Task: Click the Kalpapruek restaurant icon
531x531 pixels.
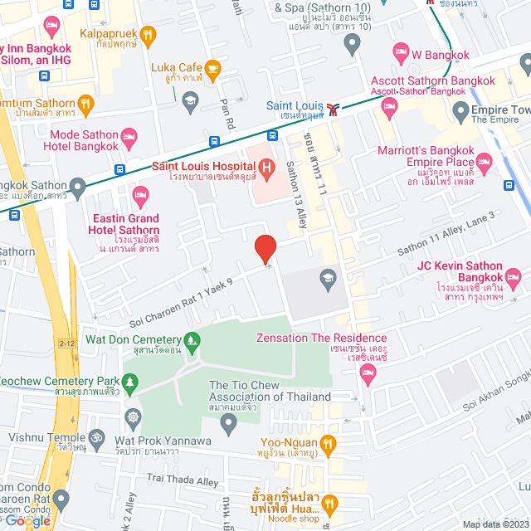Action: pyautogui.click(x=149, y=34)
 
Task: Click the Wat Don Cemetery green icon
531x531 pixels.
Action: pyautogui.click(x=192, y=339)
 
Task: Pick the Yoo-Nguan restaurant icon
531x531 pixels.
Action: pyautogui.click(x=329, y=444)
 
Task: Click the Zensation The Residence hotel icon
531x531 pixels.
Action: pyautogui.click(x=368, y=373)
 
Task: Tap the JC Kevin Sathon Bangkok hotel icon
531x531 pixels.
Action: pyautogui.click(x=514, y=276)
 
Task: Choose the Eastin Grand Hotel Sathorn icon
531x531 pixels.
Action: pyautogui.click(x=140, y=197)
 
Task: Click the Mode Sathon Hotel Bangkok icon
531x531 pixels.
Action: pyautogui.click(x=129, y=135)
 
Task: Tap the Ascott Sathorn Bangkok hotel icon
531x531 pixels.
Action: pyautogui.click(x=387, y=105)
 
